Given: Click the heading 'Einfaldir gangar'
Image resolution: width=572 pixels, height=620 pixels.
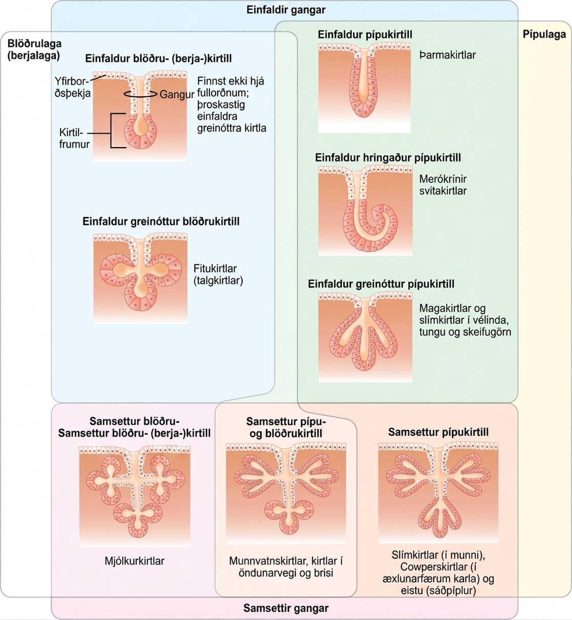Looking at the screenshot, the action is coord(286,10).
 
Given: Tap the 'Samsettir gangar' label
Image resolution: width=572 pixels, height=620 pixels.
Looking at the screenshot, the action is coord(286,608).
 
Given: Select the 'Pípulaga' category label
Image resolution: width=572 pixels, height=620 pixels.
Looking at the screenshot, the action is coord(544,35).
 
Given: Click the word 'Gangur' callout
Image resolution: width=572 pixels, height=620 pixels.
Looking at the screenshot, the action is coord(177,95).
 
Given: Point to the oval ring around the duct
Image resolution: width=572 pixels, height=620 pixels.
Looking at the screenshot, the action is coord(140,94).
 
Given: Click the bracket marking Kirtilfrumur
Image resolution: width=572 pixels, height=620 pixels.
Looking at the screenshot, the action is coord(111,131).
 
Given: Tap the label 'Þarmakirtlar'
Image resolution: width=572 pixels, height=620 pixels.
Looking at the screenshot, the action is coord(447,55).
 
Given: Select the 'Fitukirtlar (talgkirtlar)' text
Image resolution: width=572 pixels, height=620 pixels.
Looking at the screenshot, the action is coord(218,275).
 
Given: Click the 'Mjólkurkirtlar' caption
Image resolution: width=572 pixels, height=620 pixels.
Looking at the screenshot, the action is coord(134,561).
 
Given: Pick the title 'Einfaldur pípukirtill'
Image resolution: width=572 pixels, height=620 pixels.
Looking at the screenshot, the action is coord(365,35).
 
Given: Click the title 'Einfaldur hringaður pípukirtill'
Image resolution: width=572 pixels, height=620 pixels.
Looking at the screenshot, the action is coord(388,158).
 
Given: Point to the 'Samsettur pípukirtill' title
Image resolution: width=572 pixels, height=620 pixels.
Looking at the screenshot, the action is coord(438,432).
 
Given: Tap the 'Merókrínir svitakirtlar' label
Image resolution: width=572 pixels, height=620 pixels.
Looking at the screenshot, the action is coord(443,185).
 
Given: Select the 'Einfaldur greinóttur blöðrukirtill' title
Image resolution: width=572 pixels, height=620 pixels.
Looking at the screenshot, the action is coord(161,222).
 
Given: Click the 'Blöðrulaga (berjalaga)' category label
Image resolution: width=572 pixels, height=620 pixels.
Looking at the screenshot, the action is coord(34,49).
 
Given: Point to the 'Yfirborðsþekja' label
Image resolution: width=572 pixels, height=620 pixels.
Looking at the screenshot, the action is coord(72,87).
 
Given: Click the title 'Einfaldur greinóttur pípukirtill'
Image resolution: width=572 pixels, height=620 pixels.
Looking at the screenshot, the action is coord(381,284).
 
